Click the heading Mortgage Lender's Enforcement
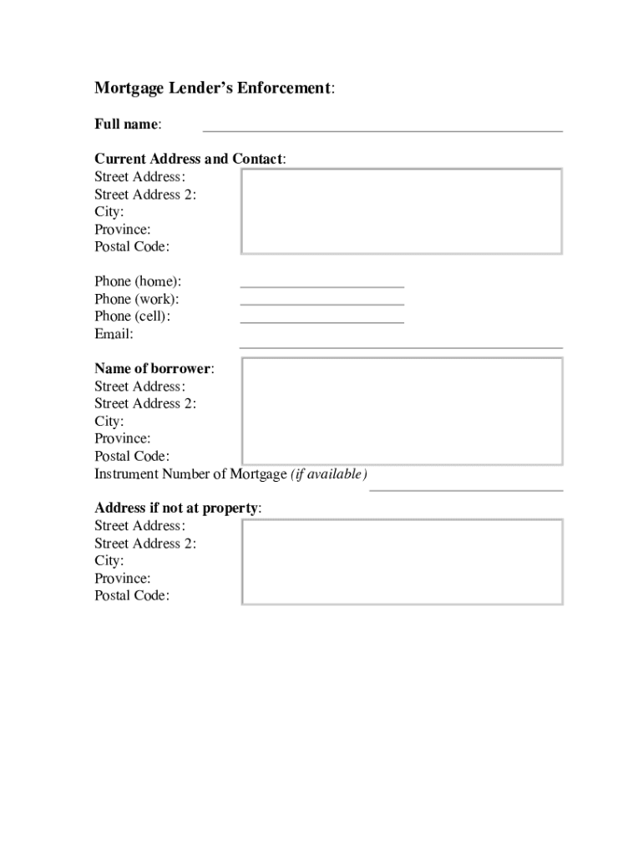(214, 89)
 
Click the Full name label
(127, 124)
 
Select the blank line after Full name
(382, 130)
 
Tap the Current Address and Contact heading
(189, 159)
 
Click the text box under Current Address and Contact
(402, 211)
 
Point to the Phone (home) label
(138, 281)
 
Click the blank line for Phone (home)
(321, 286)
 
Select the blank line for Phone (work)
(321, 304)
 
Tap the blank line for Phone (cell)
(321, 321)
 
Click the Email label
(114, 334)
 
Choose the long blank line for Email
(401, 347)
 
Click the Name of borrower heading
(153, 368)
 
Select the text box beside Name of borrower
(402, 411)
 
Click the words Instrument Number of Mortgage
(190, 474)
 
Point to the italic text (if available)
(328, 474)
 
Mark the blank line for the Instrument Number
(466, 490)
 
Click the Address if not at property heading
(177, 508)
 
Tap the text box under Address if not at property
(402, 561)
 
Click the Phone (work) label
(137, 299)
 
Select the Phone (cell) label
(134, 316)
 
